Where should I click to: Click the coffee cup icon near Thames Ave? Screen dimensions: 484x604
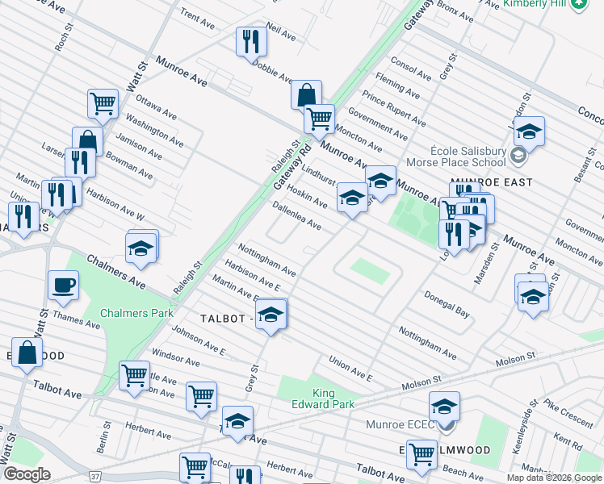pos(63,285)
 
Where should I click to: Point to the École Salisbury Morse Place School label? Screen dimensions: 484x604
pos(468,156)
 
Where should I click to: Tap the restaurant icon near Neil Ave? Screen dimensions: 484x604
pos(251,40)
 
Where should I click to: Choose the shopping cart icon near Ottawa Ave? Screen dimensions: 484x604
pos(103,102)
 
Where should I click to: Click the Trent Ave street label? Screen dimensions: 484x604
pos(197,19)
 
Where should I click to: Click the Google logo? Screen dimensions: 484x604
pos(27,474)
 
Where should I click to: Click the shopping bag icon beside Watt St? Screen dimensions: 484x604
pos(27,353)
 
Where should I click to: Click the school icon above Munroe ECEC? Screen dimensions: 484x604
pos(444,406)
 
